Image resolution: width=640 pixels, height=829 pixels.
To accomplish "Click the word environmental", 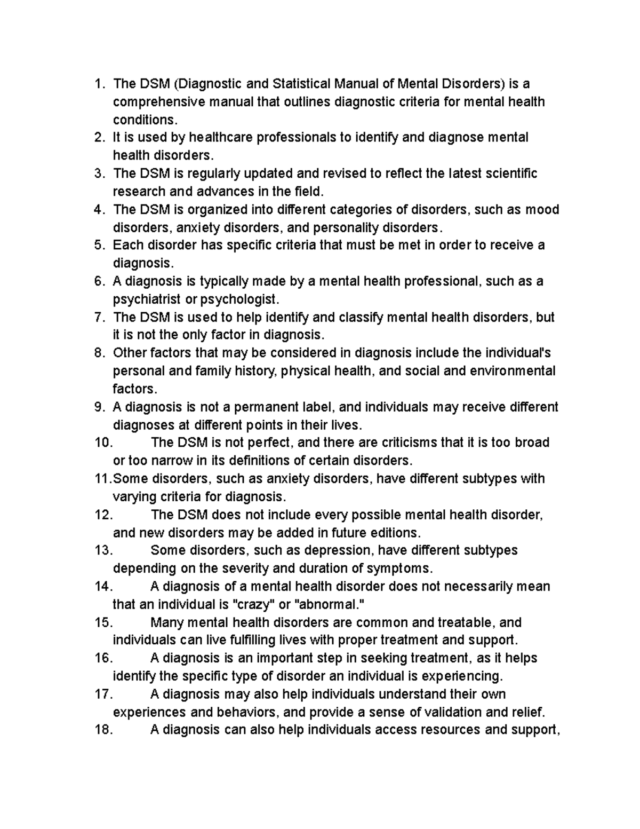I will (x=513, y=371).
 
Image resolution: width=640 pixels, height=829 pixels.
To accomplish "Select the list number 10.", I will (x=103, y=443).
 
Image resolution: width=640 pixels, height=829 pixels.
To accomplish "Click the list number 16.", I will (x=103, y=659).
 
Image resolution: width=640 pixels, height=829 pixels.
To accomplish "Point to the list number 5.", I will (x=99, y=246).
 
